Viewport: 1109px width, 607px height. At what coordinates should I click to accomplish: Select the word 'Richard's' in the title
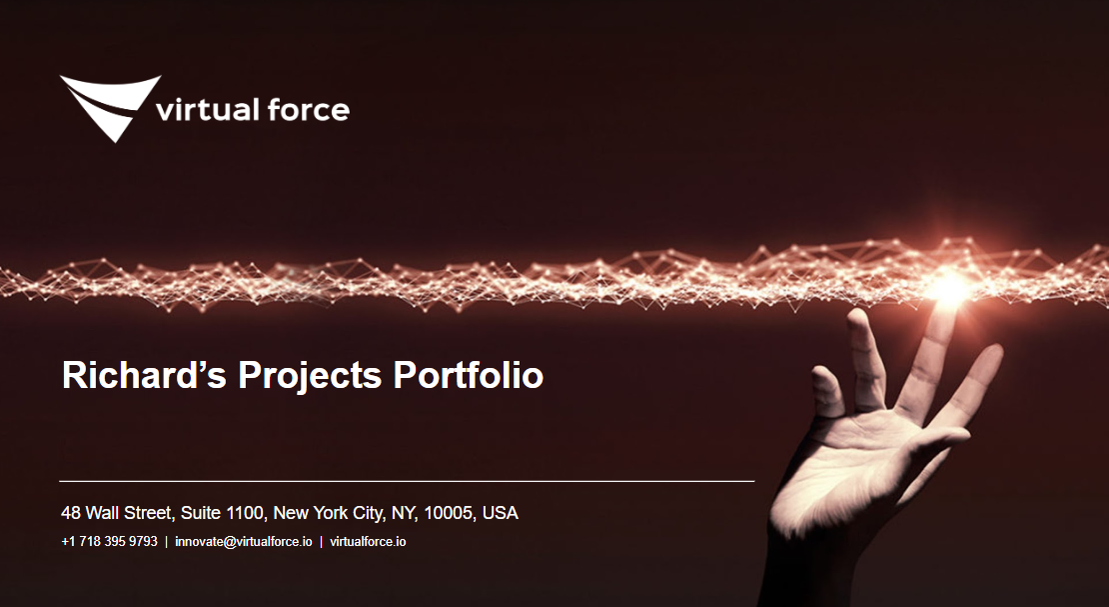pyautogui.click(x=145, y=376)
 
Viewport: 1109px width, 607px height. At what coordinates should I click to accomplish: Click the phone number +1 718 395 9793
pyautogui.click(x=109, y=542)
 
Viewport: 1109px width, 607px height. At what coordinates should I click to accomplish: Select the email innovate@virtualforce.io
pyautogui.click(x=243, y=542)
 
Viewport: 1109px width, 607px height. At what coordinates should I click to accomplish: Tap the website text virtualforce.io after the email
pyautogui.click(x=368, y=542)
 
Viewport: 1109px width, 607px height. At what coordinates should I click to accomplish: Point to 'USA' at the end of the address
pyautogui.click(x=500, y=513)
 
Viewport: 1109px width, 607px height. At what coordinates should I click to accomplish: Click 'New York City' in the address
pyautogui.click(x=328, y=513)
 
